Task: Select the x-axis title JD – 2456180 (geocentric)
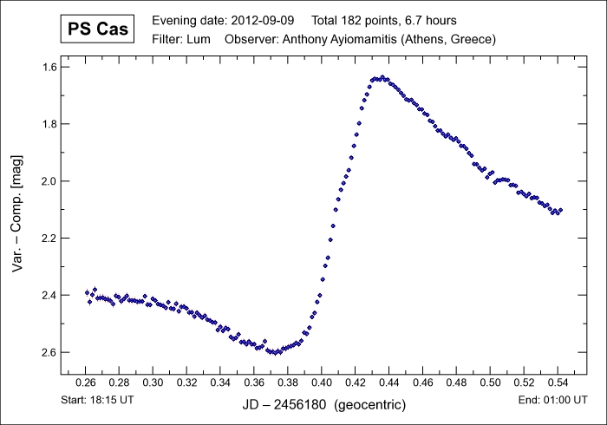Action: [x=322, y=404]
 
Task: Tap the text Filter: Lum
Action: [x=179, y=39]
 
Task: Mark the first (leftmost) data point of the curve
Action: [x=87, y=292]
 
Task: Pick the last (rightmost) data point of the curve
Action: [x=560, y=210]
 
